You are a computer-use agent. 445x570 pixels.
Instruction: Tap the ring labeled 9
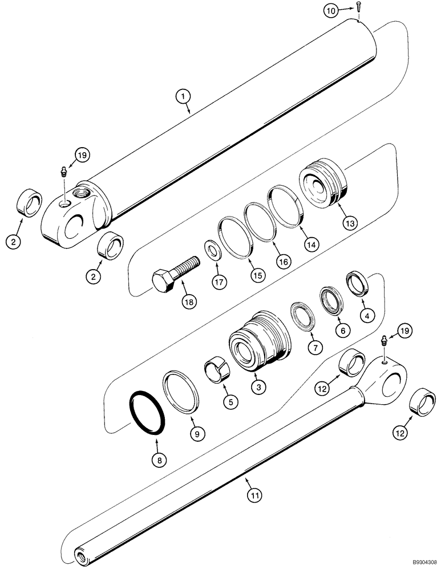point(183,392)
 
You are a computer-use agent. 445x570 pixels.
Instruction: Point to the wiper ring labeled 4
point(357,283)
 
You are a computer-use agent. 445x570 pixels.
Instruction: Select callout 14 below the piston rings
point(311,241)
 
